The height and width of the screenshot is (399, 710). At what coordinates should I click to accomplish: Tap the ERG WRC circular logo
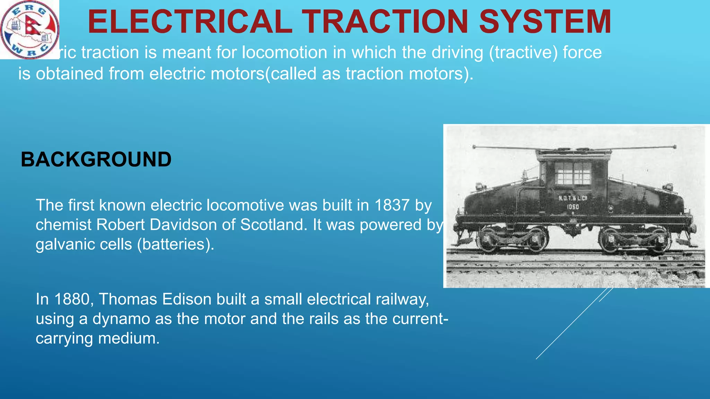pyautogui.click(x=29, y=29)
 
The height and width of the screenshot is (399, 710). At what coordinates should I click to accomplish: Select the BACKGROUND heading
pyautogui.click(x=96, y=160)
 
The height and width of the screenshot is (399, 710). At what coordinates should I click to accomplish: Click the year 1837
pyautogui.click(x=392, y=205)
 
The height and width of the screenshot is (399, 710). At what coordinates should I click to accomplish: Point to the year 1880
pyautogui.click(x=72, y=299)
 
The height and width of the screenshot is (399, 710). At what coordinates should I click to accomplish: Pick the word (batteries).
pyautogui.click(x=176, y=244)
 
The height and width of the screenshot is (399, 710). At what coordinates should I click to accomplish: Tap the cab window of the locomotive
pyautogui.click(x=573, y=173)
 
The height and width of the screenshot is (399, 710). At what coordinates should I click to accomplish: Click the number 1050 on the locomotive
pyautogui.click(x=573, y=207)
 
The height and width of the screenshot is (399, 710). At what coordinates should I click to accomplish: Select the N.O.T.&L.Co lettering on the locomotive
pyautogui.click(x=573, y=198)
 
